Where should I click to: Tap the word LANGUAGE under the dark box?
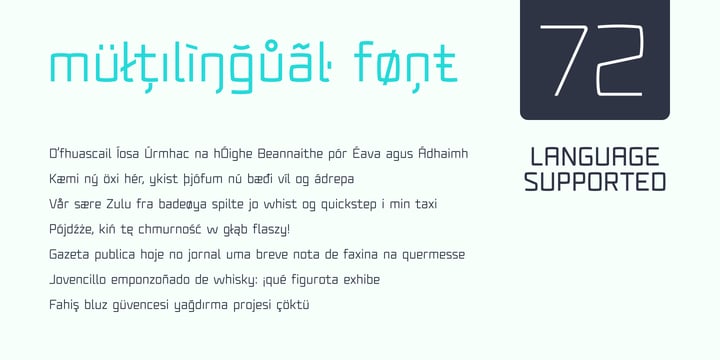pyautogui.click(x=594, y=157)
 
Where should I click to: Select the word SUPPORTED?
pyautogui.click(x=594, y=182)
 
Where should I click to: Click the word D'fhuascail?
pyautogui.click(x=81, y=154)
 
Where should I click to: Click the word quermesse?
pyautogui.click(x=429, y=255)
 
